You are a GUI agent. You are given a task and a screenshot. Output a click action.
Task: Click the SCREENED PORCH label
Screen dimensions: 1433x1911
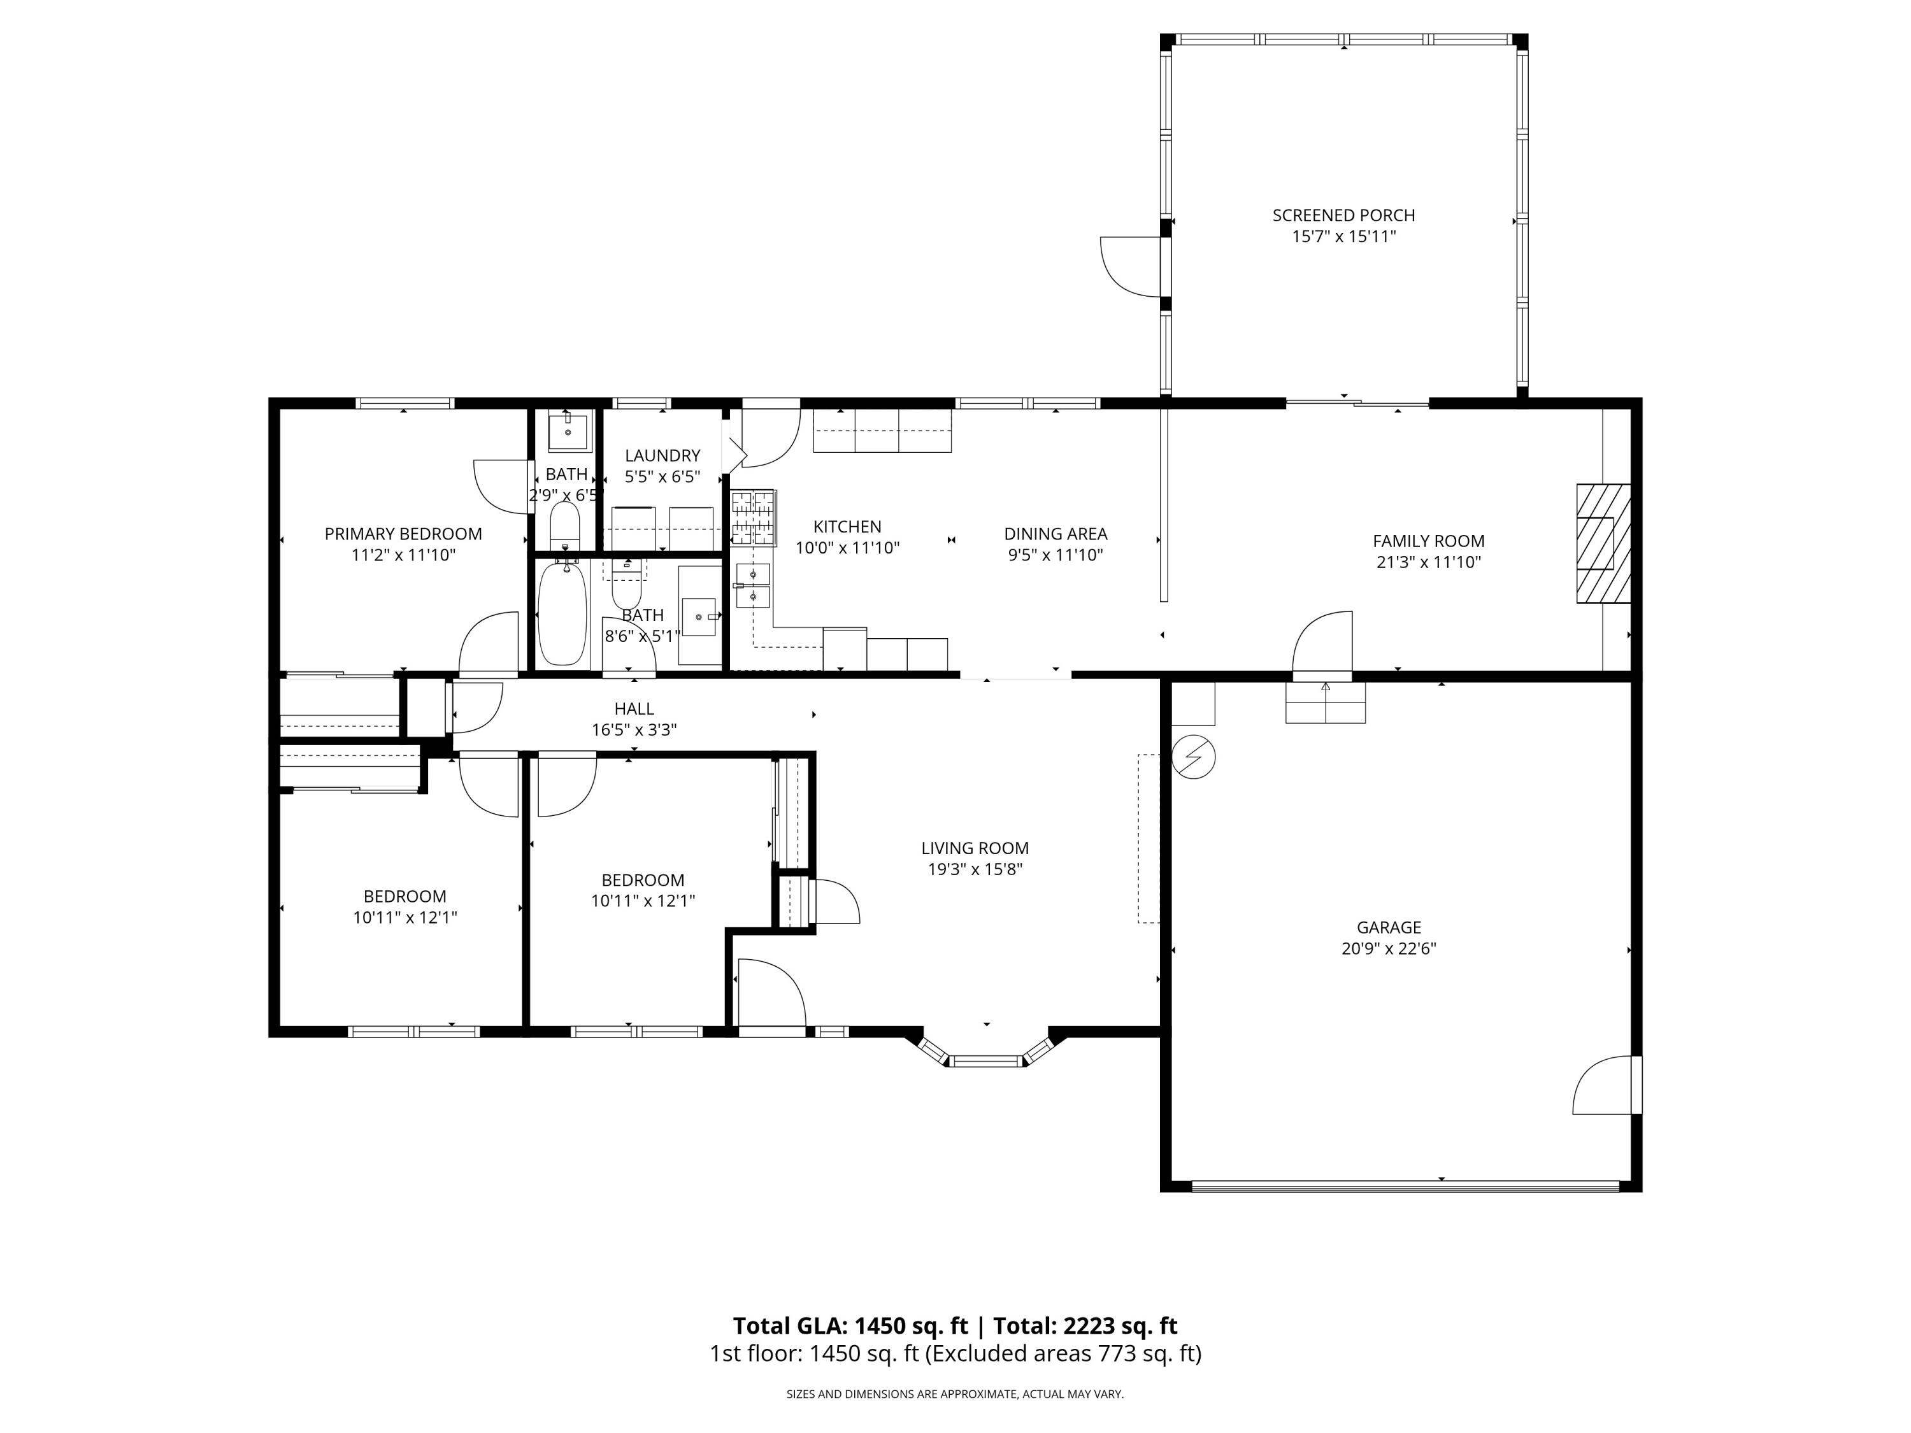1343,215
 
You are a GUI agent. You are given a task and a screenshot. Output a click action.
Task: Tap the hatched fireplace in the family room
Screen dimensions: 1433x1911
1603,543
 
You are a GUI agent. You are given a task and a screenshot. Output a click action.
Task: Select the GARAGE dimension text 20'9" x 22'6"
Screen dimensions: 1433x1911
1388,948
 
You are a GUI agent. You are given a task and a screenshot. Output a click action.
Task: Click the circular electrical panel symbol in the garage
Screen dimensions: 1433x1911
1193,757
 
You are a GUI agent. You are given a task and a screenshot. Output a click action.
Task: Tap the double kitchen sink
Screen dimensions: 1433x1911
752,585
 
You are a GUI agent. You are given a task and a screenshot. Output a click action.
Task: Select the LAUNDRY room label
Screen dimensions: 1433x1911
662,455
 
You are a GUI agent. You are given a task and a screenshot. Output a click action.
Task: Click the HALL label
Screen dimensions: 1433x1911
634,708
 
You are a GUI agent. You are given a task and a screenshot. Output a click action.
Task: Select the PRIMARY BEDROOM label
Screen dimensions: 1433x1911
403,534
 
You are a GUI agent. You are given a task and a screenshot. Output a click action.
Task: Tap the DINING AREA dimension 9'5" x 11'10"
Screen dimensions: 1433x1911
1055,555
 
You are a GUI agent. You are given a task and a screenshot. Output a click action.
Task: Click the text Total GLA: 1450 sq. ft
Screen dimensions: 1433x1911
850,1326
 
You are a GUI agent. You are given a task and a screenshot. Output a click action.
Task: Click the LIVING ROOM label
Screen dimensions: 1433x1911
975,848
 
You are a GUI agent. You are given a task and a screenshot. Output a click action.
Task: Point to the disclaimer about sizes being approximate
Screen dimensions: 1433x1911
955,1394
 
